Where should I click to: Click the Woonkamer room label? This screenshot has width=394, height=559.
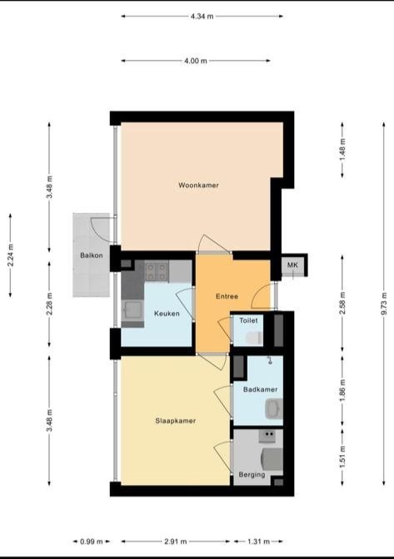pyautogui.click(x=198, y=185)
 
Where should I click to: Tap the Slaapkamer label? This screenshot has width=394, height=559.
pyautogui.click(x=176, y=421)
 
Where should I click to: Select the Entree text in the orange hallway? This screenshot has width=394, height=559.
pyautogui.click(x=227, y=296)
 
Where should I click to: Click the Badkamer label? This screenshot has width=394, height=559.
pyautogui.click(x=260, y=389)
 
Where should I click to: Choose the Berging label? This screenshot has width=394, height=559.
pyautogui.click(x=251, y=475)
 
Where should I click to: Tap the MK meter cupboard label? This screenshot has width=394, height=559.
pyautogui.click(x=292, y=265)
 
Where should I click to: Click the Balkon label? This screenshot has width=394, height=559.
pyautogui.click(x=92, y=255)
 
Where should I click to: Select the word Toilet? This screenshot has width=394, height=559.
pyautogui.click(x=249, y=319)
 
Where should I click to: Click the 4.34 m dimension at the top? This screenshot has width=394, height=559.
pyautogui.click(x=202, y=16)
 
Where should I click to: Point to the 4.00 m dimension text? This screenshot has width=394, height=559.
pyautogui.click(x=196, y=61)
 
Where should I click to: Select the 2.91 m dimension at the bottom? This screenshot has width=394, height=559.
pyautogui.click(x=175, y=542)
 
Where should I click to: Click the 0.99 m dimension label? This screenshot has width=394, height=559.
pyautogui.click(x=91, y=542)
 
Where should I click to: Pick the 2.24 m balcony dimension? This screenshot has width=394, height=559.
pyautogui.click(x=11, y=253)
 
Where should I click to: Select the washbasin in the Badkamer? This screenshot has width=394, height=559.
pyautogui.click(x=272, y=408)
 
